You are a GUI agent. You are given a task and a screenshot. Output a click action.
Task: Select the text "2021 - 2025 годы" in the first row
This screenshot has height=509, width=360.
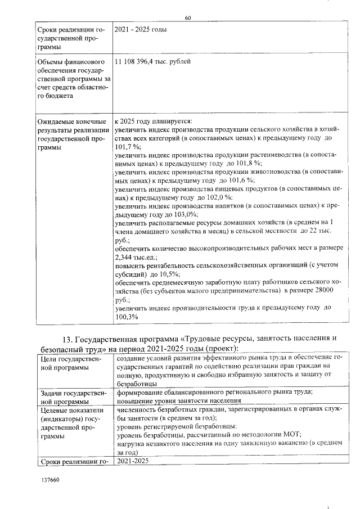[x=140, y=29]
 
